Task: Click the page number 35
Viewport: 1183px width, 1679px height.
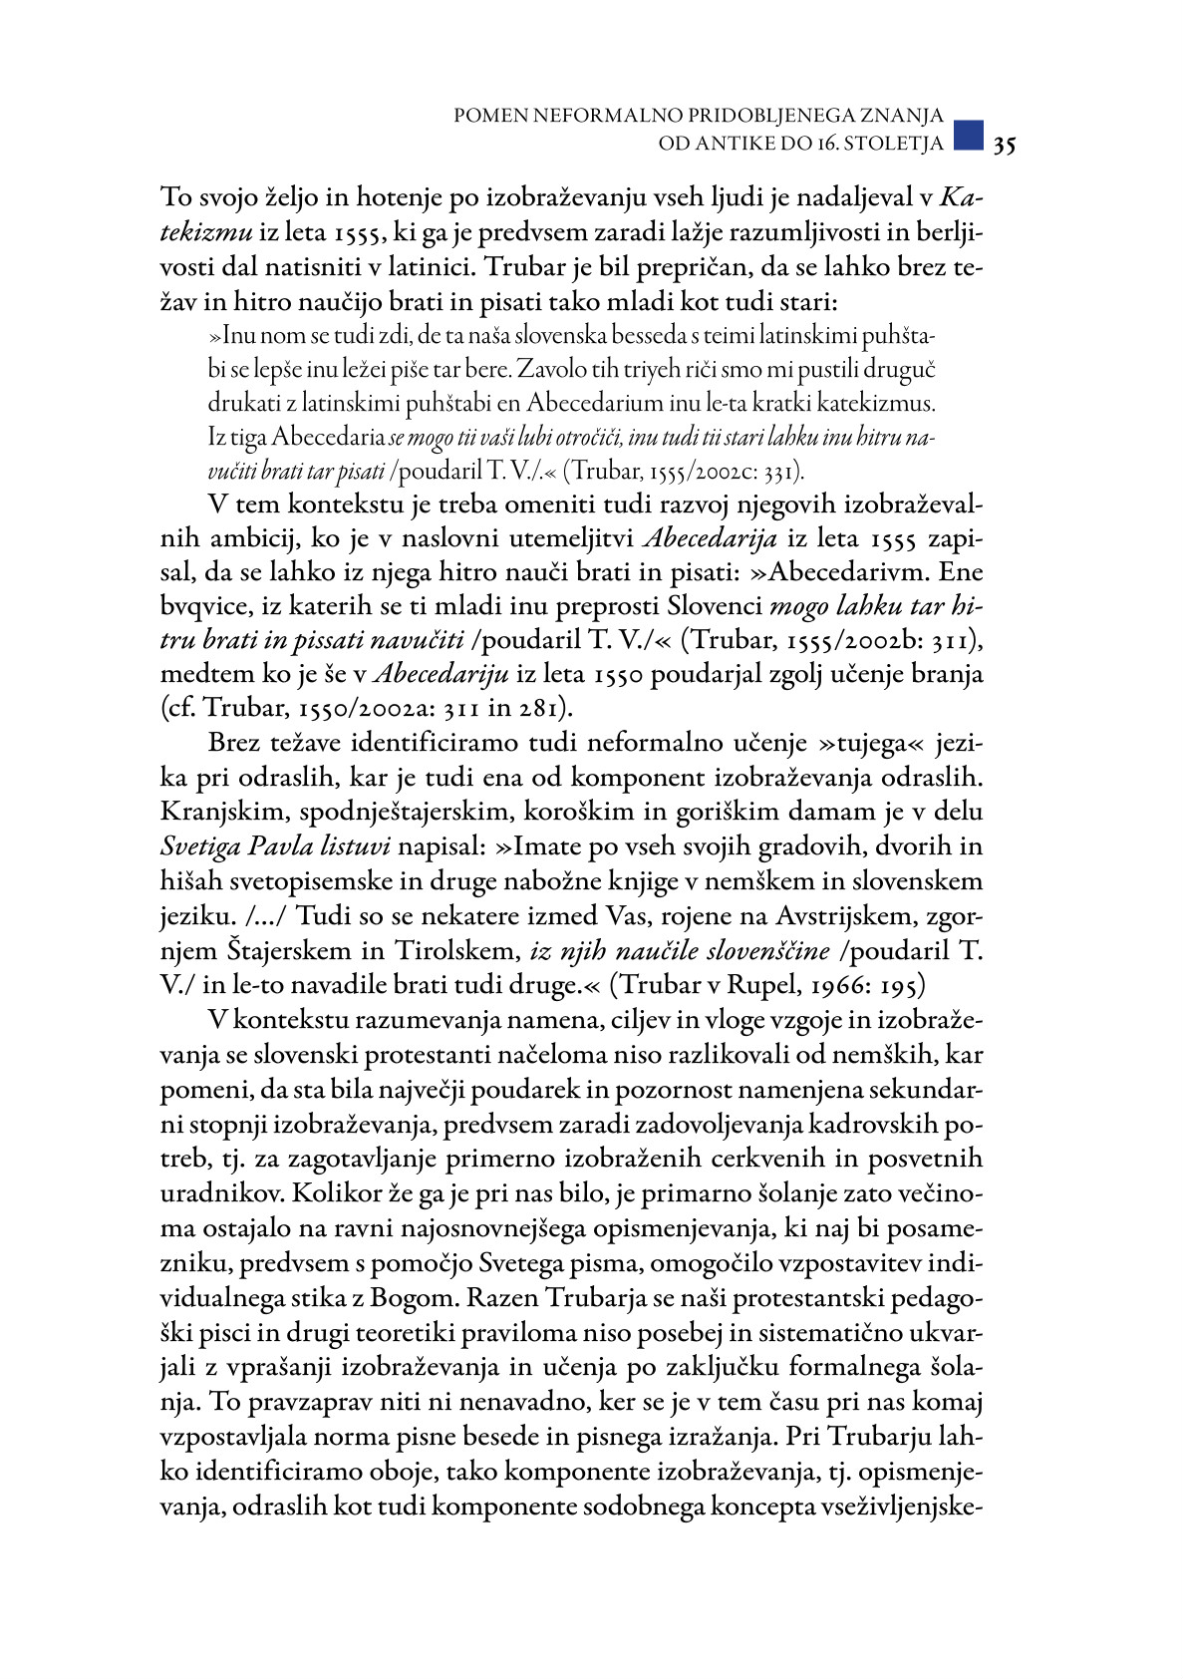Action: pos(1004,146)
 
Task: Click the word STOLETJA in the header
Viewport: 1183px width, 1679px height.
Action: pos(892,144)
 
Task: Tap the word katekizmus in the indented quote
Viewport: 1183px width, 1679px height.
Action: pos(886,404)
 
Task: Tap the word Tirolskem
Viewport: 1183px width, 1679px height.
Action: pos(458,950)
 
